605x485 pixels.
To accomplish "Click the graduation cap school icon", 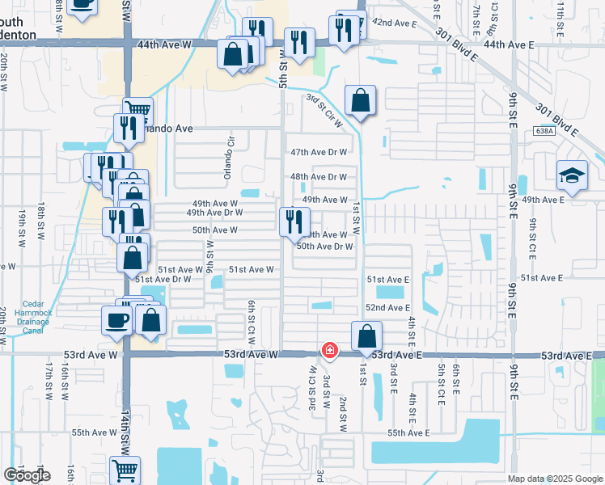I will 572,175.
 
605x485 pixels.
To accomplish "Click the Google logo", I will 27,475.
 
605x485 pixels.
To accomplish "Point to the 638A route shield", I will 545,130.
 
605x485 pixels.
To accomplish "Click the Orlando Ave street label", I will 167,129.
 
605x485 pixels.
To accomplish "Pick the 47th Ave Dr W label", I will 319,152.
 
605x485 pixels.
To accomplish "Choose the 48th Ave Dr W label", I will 319,177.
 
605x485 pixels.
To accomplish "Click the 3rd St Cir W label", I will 324,110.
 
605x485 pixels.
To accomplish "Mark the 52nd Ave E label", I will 387,308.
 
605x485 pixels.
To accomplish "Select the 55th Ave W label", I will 94,432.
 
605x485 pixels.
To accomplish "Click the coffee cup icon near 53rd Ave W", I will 117,320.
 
